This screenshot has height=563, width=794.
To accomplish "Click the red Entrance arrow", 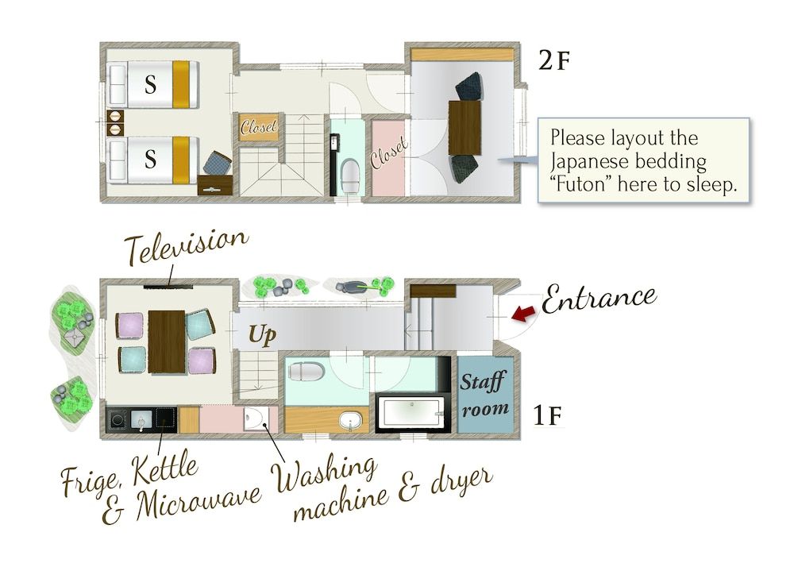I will [x=522, y=314].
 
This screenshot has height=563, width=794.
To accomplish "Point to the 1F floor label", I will [x=549, y=415].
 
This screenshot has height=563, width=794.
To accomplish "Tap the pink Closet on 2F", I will [x=388, y=158].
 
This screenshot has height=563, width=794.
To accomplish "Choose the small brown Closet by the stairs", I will [x=260, y=127].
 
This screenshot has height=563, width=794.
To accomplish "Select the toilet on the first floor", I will [x=306, y=370].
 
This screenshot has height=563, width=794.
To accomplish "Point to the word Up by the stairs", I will [x=261, y=335].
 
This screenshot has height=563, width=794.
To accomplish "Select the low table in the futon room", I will [x=466, y=127].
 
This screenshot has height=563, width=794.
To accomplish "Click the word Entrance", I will [x=599, y=299].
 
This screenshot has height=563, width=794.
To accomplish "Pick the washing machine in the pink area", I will [x=256, y=418].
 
